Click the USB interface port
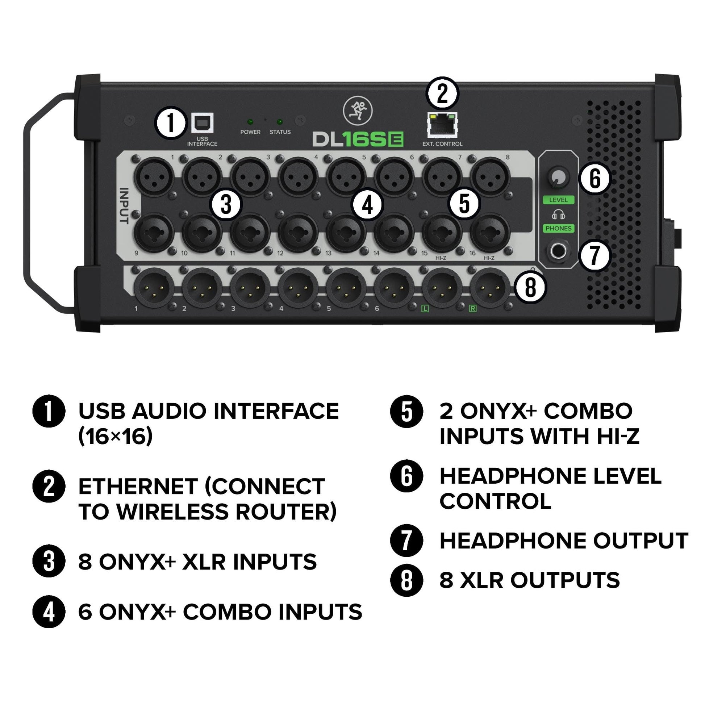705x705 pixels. click(x=203, y=123)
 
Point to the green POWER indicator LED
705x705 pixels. click(x=250, y=121)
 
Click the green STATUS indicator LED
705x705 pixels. click(x=280, y=121)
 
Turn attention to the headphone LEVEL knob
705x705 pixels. click(x=558, y=177)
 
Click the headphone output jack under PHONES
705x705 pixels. click(x=558, y=251)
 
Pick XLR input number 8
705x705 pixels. click(x=490, y=177)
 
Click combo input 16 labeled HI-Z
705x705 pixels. click(x=490, y=233)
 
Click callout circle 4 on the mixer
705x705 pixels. click(x=367, y=205)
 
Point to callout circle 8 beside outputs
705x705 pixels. click(x=530, y=287)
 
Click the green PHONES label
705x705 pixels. click(x=558, y=229)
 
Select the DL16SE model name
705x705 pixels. click(x=358, y=139)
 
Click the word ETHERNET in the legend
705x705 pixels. click(x=138, y=487)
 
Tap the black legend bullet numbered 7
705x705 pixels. click(x=406, y=541)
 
